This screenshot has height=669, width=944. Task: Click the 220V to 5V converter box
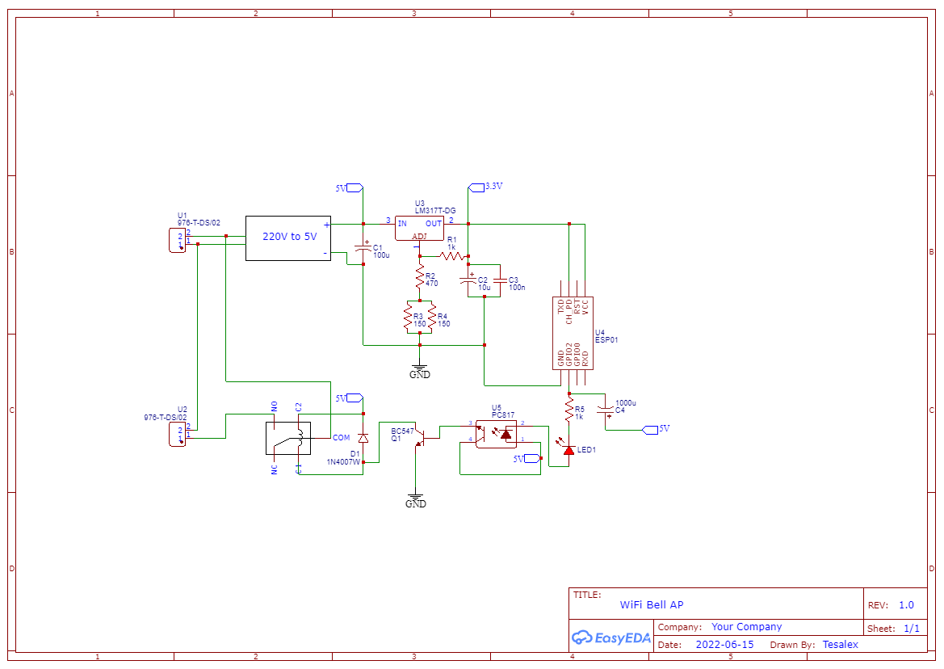click(x=288, y=238)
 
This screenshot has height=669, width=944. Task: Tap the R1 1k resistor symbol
click(x=452, y=256)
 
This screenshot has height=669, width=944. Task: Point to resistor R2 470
click(x=419, y=279)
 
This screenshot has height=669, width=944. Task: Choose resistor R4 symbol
click(x=432, y=319)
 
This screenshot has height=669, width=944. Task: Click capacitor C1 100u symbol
click(x=363, y=250)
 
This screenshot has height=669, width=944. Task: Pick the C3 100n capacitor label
click(x=517, y=284)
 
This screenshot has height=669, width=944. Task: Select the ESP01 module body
click(x=573, y=333)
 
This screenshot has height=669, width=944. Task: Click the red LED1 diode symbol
click(x=568, y=450)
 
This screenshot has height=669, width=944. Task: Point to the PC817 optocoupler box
click(x=497, y=434)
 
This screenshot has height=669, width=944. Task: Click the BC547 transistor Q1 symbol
click(x=419, y=436)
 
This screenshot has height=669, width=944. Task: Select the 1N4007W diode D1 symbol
click(x=363, y=437)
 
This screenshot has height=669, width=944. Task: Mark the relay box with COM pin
click(x=288, y=438)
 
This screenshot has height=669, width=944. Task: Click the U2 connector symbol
click(x=176, y=434)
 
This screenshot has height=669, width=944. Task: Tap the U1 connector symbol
click(x=176, y=240)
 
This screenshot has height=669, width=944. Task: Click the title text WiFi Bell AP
click(x=652, y=604)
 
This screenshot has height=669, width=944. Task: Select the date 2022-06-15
click(x=724, y=645)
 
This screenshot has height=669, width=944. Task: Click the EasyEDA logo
click(x=611, y=637)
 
